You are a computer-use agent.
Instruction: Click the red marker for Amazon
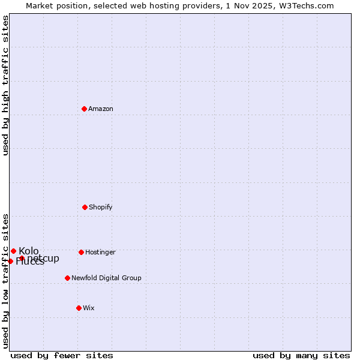click(x=84, y=109)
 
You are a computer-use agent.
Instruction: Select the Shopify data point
click(x=85, y=207)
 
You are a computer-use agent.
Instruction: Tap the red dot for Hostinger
click(x=81, y=252)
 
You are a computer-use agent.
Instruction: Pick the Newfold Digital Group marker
click(x=67, y=278)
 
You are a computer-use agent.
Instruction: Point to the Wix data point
click(x=79, y=308)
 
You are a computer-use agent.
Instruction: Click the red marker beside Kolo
click(x=13, y=251)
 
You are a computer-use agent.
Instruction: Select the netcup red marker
click(x=22, y=258)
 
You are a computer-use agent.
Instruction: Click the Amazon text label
click(x=101, y=109)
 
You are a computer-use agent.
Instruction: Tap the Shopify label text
click(x=101, y=207)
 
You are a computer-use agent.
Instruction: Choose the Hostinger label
click(x=100, y=252)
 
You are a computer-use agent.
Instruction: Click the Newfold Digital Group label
click(x=106, y=278)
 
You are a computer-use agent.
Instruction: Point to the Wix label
click(x=89, y=308)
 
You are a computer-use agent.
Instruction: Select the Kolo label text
click(x=29, y=251)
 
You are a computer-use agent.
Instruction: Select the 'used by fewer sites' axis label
click(x=62, y=355)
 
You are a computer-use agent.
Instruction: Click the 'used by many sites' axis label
click(x=301, y=355)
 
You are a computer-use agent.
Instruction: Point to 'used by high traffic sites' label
click(x=5, y=85)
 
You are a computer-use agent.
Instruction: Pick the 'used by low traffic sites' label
click(x=5, y=280)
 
